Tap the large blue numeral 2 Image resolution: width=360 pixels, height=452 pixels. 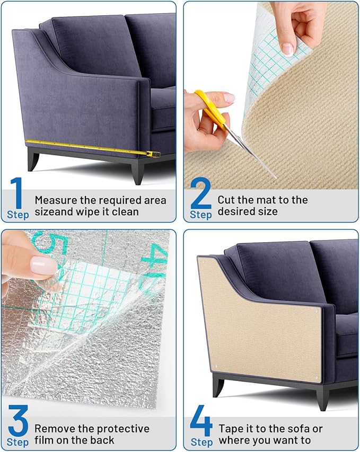pos(200,193)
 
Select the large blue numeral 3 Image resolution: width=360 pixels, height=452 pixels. pos(18,421)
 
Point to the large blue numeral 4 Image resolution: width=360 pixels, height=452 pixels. pos(201,421)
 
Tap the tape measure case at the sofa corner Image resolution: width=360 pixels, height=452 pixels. pos(154,154)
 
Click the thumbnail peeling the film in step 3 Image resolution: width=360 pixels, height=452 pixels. pos(43,265)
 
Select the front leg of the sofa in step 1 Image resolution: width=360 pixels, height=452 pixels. pos(138,171)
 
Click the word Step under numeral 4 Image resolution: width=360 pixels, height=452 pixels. pos(201,442)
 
